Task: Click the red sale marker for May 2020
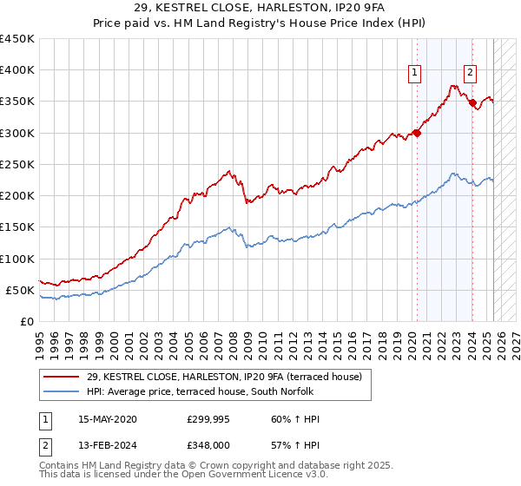click(x=417, y=133)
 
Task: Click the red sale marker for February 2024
click(x=472, y=103)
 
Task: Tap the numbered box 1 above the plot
click(x=416, y=74)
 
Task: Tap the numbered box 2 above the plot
click(x=470, y=74)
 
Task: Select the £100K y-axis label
click(x=16, y=259)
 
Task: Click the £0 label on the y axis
click(x=27, y=321)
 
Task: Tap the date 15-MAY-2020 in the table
click(x=108, y=419)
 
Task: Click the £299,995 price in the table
click(x=207, y=419)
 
